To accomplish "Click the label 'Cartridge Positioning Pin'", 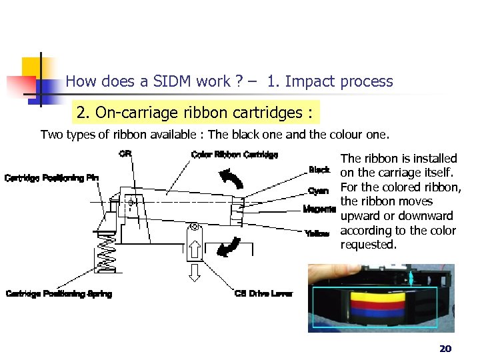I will (x=52, y=178).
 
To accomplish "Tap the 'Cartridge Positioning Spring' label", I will (x=59, y=294).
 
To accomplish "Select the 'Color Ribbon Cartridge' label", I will (x=234, y=155).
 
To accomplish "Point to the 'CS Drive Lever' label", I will (x=263, y=294).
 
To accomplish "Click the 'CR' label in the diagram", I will (x=125, y=154).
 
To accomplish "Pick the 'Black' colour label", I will (x=319, y=170).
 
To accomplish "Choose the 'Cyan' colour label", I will (x=318, y=191).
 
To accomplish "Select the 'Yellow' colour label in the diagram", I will (x=317, y=233).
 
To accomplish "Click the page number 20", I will (x=445, y=349).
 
